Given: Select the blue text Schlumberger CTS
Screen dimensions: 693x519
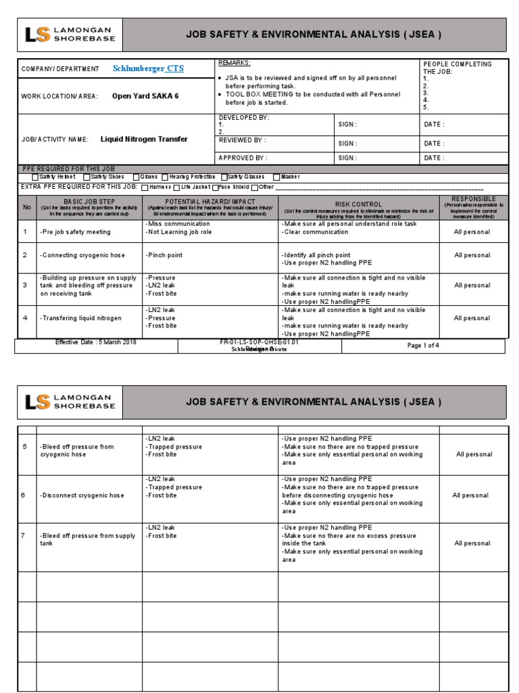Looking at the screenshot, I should click(148, 69).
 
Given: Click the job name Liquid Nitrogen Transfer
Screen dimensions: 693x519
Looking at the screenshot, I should click(144, 139).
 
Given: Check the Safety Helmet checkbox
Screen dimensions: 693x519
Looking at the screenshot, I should click(36, 177).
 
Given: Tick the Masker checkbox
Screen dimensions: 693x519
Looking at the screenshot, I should click(276, 177).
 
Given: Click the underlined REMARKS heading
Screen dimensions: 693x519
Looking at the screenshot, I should click(234, 63).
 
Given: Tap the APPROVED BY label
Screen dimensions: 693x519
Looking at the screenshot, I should click(242, 158).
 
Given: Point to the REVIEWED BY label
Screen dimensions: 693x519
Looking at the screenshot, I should click(241, 140).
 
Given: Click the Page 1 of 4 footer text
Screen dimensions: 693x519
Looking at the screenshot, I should click(423, 346).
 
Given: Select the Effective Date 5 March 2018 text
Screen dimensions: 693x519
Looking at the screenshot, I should click(96, 342).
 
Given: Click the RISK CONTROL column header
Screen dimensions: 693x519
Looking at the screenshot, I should click(358, 204).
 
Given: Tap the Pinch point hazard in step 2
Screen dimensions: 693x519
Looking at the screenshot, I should click(164, 256).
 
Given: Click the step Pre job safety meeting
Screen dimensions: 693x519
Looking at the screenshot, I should click(75, 232).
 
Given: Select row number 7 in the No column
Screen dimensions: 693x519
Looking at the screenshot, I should click(23, 535).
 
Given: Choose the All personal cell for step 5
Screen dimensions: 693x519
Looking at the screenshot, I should click(474, 455).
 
